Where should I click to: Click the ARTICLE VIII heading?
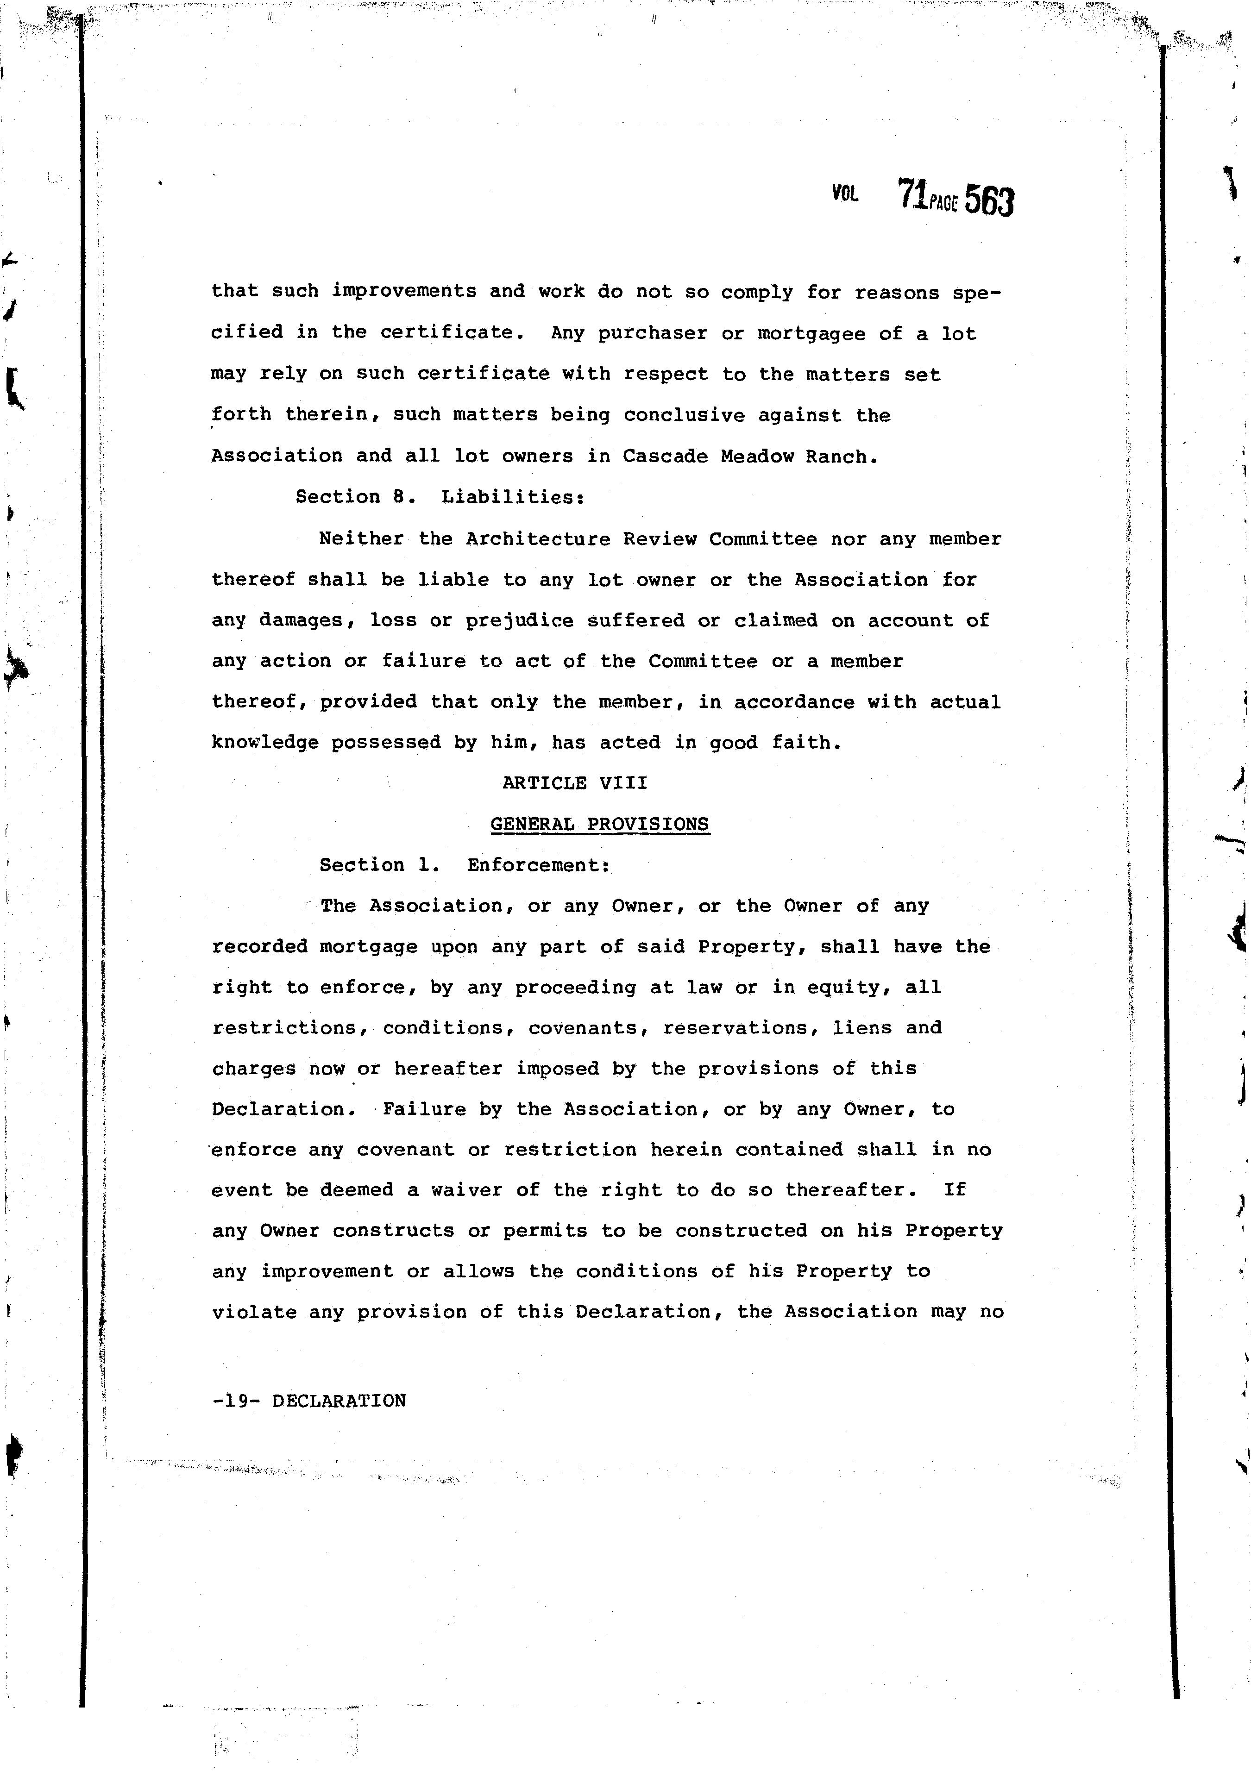(x=574, y=782)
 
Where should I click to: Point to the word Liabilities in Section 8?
(x=512, y=497)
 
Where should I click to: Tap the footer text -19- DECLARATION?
(x=308, y=1400)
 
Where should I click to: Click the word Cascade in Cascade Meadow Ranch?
(x=664, y=457)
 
